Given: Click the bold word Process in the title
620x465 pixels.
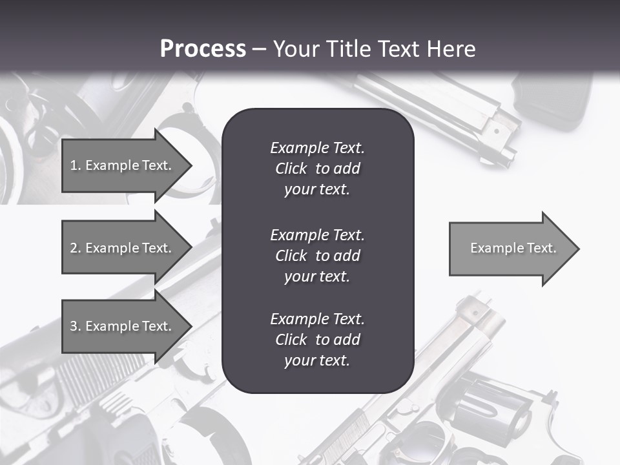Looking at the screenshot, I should click(203, 49).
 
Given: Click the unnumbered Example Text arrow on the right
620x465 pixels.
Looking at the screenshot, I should click(513, 248).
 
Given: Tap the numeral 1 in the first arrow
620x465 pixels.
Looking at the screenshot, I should click(73, 165).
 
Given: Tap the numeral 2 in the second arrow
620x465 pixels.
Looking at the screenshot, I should click(74, 248).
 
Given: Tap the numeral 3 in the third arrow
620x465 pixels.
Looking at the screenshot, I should click(74, 326).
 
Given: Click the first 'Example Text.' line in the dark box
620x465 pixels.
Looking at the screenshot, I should click(317, 148).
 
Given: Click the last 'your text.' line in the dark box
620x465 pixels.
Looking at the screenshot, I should click(317, 360).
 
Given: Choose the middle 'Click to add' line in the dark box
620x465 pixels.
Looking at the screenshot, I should click(317, 256).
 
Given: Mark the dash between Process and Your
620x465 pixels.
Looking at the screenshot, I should click(259, 49).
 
